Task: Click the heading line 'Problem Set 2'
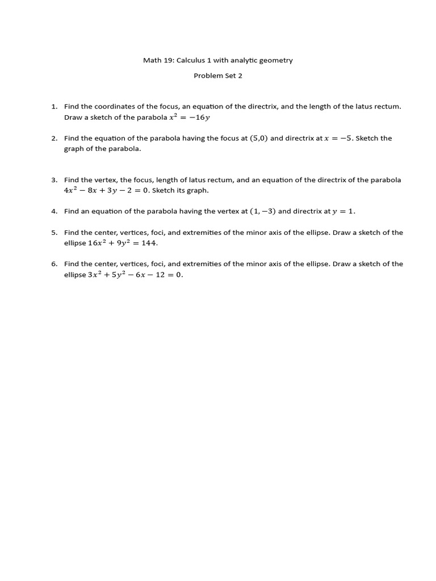(x=218, y=76)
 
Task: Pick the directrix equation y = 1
(x=343, y=211)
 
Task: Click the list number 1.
(x=54, y=107)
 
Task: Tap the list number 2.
(x=54, y=138)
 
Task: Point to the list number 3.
(x=54, y=180)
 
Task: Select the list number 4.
(x=54, y=211)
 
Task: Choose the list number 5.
(x=54, y=233)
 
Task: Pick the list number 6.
(x=54, y=264)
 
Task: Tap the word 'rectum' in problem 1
(x=388, y=107)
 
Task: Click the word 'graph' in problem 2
(x=74, y=149)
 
